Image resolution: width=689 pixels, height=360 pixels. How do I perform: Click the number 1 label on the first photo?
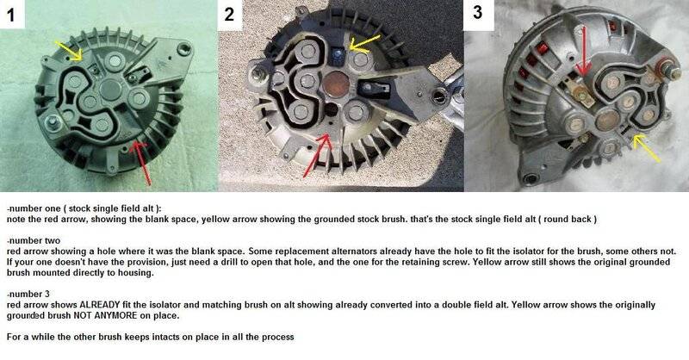click(11, 15)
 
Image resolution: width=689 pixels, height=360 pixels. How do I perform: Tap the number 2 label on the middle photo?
click(229, 15)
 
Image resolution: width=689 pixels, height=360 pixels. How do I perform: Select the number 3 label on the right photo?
click(478, 12)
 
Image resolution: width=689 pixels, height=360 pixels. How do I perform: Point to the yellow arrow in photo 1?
click(69, 50)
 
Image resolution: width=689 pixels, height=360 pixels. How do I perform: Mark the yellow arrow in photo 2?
click(364, 45)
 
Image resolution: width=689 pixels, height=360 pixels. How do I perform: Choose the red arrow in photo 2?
click(316, 156)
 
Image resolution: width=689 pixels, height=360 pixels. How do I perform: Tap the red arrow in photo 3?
click(583, 51)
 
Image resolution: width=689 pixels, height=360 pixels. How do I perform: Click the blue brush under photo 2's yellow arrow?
click(338, 55)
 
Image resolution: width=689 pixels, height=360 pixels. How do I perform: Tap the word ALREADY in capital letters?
click(100, 305)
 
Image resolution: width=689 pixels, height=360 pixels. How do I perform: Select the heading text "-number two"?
click(34, 241)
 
